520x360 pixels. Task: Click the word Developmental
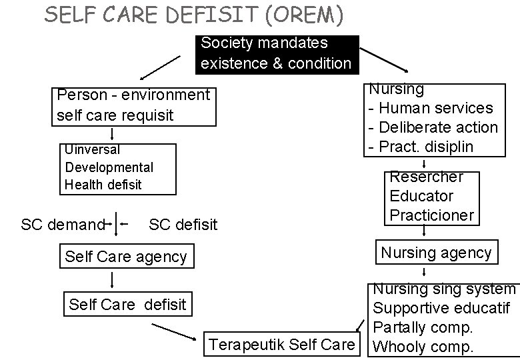tap(109, 167)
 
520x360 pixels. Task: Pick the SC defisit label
tap(183, 225)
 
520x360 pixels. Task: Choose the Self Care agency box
tap(127, 257)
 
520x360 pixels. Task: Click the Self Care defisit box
tap(128, 305)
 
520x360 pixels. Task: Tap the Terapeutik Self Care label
tap(281, 345)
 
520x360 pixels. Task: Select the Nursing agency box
tap(436, 253)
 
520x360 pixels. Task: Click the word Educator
tap(421, 196)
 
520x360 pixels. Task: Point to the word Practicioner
tap(431, 215)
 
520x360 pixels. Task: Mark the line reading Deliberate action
tap(433, 127)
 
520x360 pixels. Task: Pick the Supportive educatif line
tap(441, 309)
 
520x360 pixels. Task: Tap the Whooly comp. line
tap(423, 347)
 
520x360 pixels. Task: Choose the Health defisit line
tap(103, 185)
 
